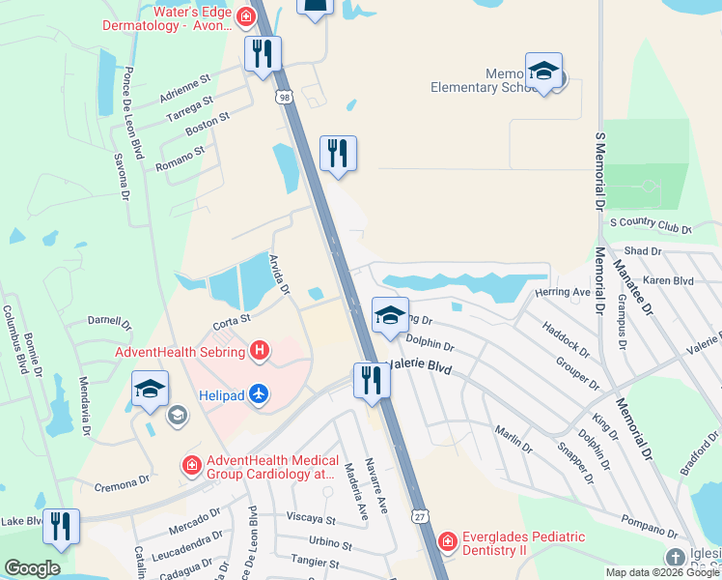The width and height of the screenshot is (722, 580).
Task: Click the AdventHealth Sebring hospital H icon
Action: [x=259, y=351]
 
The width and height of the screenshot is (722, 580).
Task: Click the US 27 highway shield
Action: [x=418, y=518]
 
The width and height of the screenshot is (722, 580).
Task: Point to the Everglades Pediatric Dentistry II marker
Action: [x=447, y=542]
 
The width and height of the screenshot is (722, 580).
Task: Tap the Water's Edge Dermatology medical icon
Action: [x=246, y=16]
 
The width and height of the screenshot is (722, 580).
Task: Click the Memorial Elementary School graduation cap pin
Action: [x=544, y=72]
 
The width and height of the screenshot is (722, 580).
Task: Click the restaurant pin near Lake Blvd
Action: [x=61, y=527]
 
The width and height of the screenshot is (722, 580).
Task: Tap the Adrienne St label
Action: [x=185, y=90]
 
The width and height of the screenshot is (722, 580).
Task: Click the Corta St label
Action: [x=232, y=319]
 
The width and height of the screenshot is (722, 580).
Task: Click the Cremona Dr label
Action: [x=123, y=480]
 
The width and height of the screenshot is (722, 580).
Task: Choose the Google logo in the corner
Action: [x=32, y=567]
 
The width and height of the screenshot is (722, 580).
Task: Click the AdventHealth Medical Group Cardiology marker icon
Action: [x=192, y=467]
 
